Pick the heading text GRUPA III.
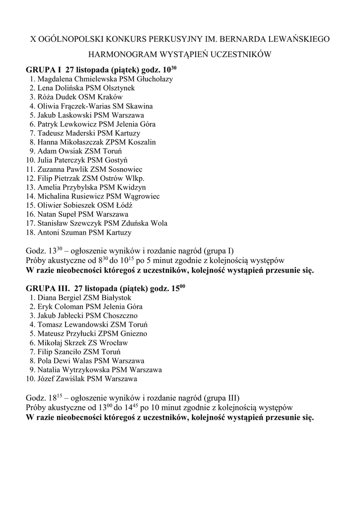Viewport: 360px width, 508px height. click(47, 288)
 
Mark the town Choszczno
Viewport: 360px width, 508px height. click(120, 316)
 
